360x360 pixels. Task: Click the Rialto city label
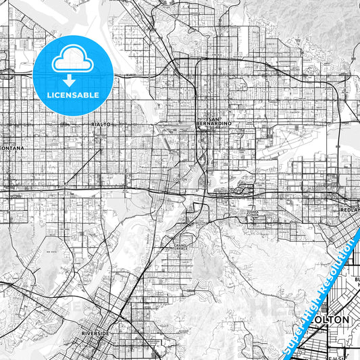coord(99,125)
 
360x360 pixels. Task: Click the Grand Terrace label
coord(180,247)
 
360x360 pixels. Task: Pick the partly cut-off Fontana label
coord(11,146)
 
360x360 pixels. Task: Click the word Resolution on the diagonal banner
coord(338,267)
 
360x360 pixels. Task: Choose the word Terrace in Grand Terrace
coord(180,249)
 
